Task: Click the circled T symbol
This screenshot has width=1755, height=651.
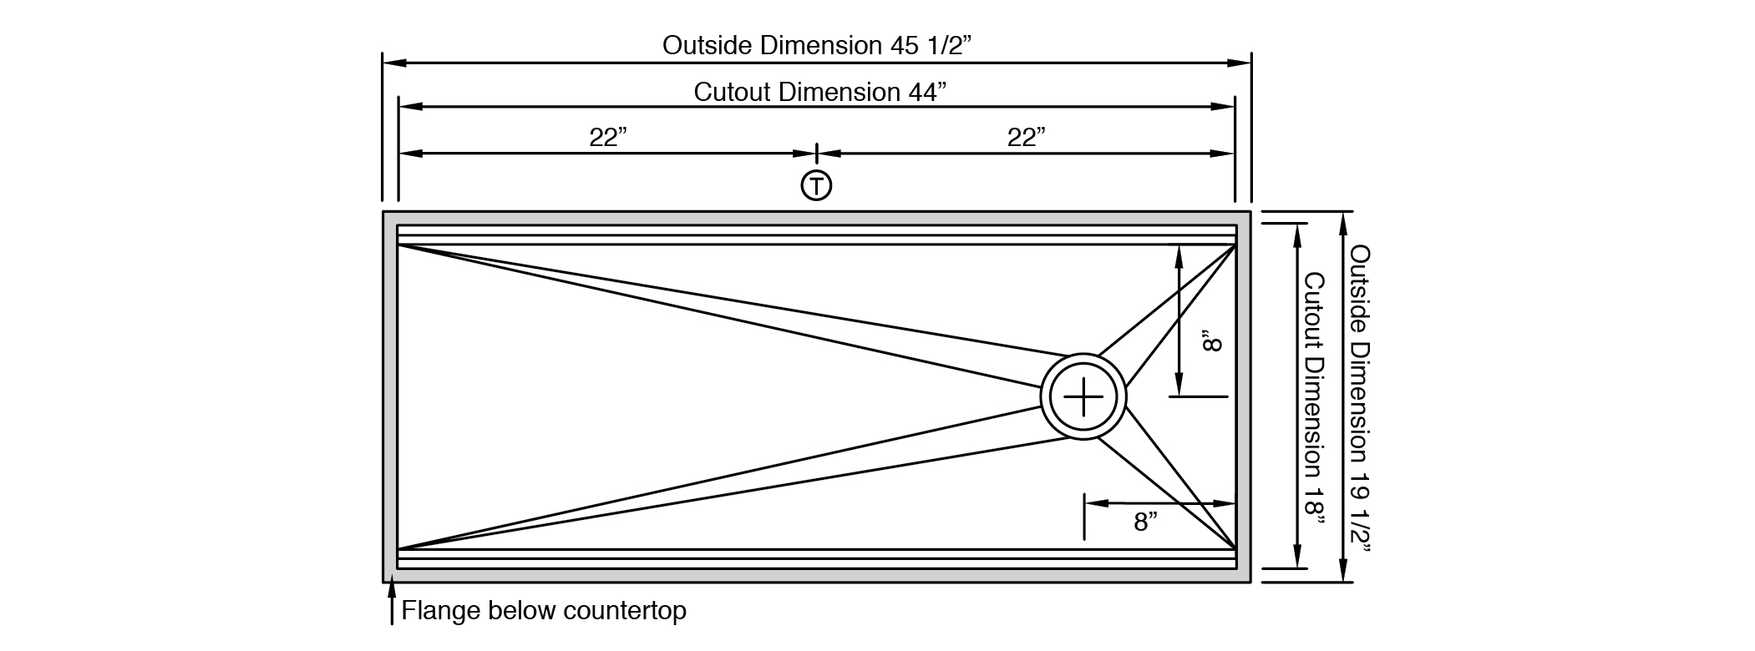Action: click(x=816, y=184)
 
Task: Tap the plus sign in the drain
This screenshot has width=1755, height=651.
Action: click(x=1083, y=396)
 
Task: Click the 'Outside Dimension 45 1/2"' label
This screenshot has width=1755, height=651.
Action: click(x=817, y=45)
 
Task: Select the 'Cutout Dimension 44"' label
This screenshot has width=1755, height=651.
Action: click(x=820, y=91)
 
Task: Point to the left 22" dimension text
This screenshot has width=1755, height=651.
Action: click(x=608, y=137)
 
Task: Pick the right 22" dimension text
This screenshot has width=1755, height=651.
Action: click(x=1027, y=137)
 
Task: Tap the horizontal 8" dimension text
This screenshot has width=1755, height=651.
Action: click(x=1146, y=522)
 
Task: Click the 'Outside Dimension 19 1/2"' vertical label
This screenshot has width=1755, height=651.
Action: click(x=1361, y=400)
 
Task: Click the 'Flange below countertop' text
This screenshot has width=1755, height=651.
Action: click(x=544, y=611)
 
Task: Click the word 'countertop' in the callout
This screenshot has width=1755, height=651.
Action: click(x=625, y=611)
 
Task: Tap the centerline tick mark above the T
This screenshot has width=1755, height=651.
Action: click(x=816, y=154)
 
